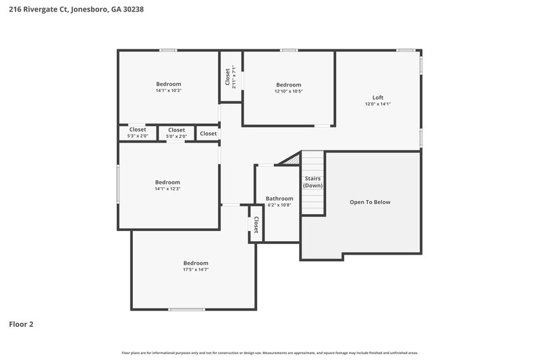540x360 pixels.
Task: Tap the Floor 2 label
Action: (21, 324)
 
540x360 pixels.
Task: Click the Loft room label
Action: (378, 97)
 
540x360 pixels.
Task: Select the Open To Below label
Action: (369, 202)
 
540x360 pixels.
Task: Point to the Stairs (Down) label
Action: (313, 182)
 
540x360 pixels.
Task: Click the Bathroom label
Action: (279, 199)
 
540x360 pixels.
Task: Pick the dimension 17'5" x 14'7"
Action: (196, 269)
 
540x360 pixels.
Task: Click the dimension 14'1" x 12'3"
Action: (167, 189)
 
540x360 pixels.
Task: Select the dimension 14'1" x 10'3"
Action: (168, 91)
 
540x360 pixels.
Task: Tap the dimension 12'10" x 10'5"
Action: (288, 91)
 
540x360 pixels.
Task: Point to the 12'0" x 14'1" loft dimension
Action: (378, 104)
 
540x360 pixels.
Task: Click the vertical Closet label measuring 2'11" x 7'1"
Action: (230, 77)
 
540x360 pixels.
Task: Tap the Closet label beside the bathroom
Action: (256, 224)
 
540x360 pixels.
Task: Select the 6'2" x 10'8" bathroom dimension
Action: (279, 205)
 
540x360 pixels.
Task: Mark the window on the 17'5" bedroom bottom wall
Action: (187, 309)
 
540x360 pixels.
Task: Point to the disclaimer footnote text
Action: (270, 353)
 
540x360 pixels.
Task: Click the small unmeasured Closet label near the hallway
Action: (208, 134)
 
